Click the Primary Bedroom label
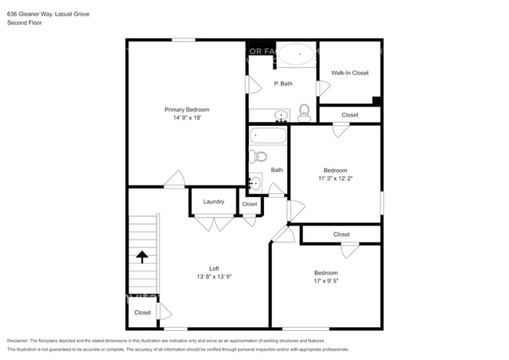click(186, 110)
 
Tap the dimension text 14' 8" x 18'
click(186, 119)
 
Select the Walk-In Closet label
click(349, 73)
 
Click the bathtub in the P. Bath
click(296, 55)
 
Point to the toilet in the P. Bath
click(304, 114)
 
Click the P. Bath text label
click(283, 84)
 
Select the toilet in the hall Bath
click(259, 157)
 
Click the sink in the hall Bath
click(255, 184)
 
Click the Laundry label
click(214, 202)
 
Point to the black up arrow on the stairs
click(143, 257)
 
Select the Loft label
click(214, 268)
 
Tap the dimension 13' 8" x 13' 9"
click(214, 277)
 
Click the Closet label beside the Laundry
click(249, 204)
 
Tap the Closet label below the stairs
click(142, 312)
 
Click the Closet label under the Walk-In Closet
click(349, 115)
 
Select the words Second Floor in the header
click(24, 23)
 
